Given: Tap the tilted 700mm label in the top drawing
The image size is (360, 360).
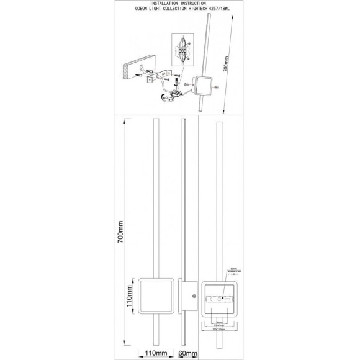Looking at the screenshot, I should [x=227, y=62].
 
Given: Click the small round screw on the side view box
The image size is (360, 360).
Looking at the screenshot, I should [x=194, y=297].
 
